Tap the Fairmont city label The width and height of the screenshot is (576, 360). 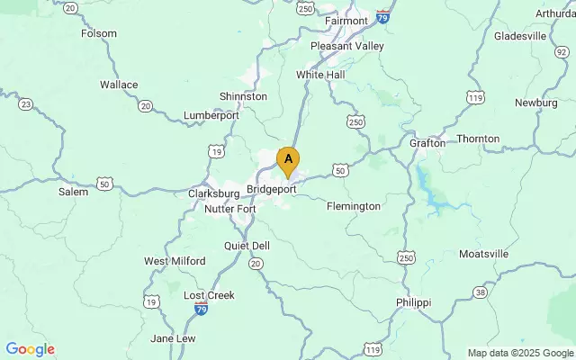(x=346, y=20)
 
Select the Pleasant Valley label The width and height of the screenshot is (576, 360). (x=346, y=46)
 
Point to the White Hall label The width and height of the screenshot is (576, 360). (x=320, y=75)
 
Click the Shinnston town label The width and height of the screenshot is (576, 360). (x=243, y=96)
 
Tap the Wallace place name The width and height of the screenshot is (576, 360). (x=119, y=85)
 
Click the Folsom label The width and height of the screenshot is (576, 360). (x=99, y=33)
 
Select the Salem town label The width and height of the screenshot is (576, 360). (x=73, y=192)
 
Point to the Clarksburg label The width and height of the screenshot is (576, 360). (x=211, y=193)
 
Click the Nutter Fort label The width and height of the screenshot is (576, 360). (x=230, y=209)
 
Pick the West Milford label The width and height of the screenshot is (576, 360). (x=175, y=261)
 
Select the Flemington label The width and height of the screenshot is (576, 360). (x=353, y=206)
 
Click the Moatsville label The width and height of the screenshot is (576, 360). (x=483, y=254)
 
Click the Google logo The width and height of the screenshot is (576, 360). (x=30, y=349)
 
